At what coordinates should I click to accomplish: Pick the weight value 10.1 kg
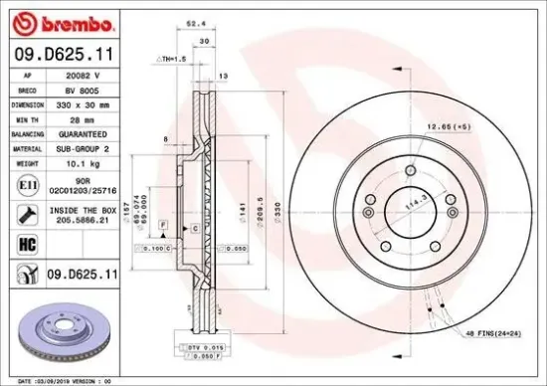pyautogui.click(x=80, y=161)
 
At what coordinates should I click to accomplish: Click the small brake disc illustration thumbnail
pyautogui.click(x=59, y=338)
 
